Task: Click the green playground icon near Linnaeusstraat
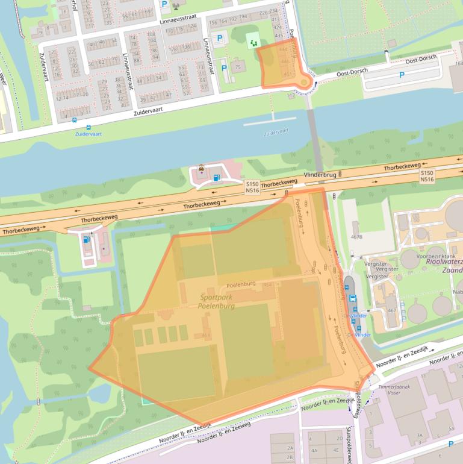(253, 41)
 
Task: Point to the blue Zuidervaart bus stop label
(88, 134)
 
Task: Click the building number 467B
(356, 237)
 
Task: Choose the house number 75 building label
(238, 67)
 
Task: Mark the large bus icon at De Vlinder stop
(353, 298)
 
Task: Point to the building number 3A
(419, 434)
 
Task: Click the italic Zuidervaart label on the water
(276, 130)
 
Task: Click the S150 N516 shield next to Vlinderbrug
(252, 187)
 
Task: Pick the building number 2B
(290, 457)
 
